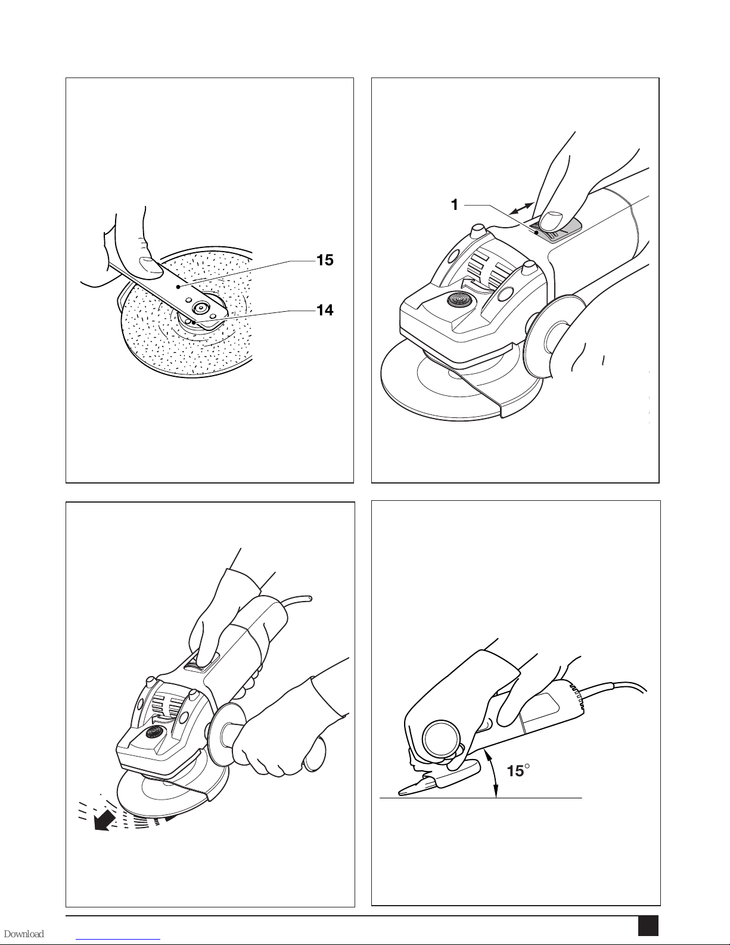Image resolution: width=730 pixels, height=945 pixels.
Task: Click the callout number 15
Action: click(325, 260)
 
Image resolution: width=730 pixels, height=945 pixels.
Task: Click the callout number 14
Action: click(325, 310)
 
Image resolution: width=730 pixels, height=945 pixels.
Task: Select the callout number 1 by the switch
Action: click(455, 205)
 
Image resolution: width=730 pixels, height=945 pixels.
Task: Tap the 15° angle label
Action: click(518, 771)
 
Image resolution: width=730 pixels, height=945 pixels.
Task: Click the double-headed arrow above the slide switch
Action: click(521, 208)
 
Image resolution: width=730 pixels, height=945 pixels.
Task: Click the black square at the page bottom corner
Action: click(648, 925)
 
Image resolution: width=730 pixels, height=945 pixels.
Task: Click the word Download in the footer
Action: click(24, 934)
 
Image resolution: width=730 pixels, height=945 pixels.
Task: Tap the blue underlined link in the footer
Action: click(121, 938)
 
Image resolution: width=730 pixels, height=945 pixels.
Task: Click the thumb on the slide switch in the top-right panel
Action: click(550, 220)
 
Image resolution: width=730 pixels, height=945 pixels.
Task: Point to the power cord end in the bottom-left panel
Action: click(310, 599)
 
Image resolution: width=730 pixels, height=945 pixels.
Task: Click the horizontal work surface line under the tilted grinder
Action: click(480, 798)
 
